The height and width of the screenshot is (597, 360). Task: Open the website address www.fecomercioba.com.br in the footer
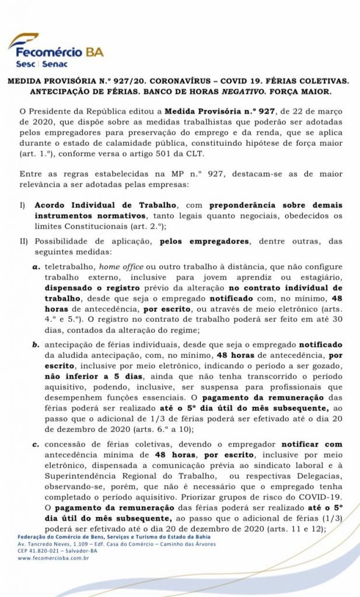[x=54, y=558]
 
